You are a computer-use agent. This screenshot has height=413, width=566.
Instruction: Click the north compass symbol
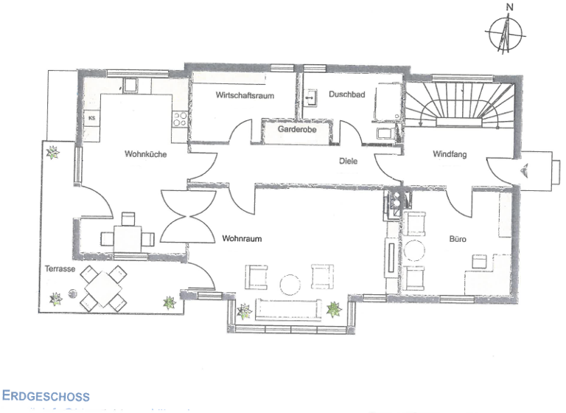coord(506,33)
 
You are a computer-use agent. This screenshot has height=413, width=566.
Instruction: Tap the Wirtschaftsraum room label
coord(245,96)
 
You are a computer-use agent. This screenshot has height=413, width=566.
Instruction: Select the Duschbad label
coord(344,95)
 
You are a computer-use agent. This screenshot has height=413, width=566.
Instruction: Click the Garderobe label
coord(298,130)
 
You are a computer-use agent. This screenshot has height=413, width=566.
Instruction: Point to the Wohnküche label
coord(144,155)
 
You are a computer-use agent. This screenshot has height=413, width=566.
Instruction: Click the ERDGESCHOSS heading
coord(46,396)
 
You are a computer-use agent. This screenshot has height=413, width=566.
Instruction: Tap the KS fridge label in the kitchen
coord(92,118)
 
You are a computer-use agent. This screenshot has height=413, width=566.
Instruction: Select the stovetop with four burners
coord(181,119)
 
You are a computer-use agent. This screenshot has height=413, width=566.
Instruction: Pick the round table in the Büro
coord(416,251)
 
